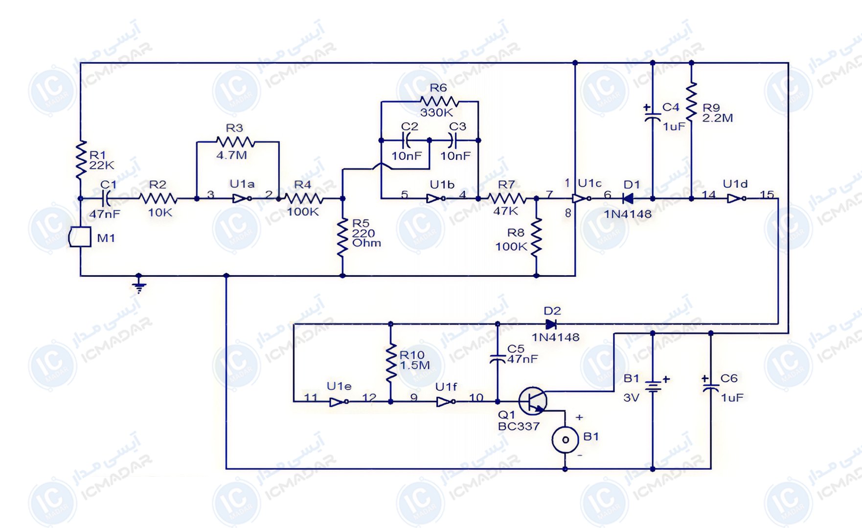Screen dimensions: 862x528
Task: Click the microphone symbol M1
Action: click(x=80, y=237)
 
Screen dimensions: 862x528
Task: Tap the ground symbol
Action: click(x=139, y=286)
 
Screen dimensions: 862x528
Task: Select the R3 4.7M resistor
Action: click(x=235, y=142)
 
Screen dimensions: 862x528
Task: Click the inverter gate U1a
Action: click(x=242, y=198)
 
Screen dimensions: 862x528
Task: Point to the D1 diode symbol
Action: click(x=628, y=198)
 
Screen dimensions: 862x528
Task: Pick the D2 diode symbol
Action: click(x=551, y=324)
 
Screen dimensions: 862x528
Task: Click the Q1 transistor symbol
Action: click(x=533, y=400)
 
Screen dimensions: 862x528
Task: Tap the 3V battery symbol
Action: click(x=653, y=387)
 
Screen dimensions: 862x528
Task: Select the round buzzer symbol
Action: click(x=566, y=440)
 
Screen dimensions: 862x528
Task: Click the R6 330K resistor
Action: click(x=439, y=102)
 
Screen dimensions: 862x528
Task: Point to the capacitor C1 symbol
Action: click(x=105, y=198)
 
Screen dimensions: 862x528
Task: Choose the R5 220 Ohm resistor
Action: click(x=342, y=237)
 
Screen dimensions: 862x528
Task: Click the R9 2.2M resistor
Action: click(x=691, y=102)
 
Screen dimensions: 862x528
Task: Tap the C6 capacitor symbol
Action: click(x=710, y=388)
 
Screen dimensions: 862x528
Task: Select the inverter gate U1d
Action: click(x=736, y=198)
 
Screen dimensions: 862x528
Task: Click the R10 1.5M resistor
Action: click(x=391, y=362)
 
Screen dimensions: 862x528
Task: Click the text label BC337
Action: click(x=519, y=426)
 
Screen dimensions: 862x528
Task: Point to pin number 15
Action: click(x=767, y=194)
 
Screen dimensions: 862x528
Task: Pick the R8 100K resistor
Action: click(x=537, y=237)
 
